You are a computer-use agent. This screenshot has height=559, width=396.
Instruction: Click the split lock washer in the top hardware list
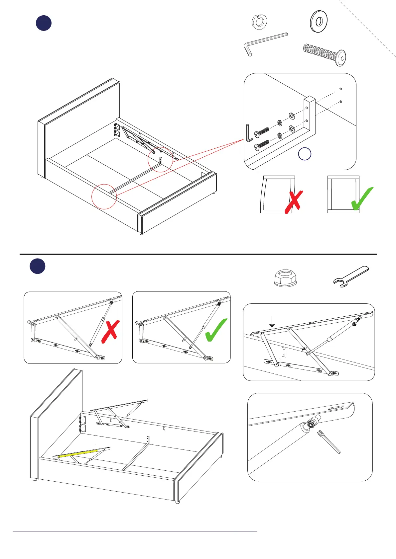point(260,22)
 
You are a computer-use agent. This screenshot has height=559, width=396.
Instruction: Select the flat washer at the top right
point(319,22)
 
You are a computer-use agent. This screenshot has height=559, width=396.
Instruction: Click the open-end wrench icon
point(351,276)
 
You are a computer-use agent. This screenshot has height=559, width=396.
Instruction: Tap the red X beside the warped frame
point(294,201)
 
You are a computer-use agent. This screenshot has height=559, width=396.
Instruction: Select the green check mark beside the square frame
point(362,199)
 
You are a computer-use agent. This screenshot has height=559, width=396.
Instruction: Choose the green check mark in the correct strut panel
point(216,330)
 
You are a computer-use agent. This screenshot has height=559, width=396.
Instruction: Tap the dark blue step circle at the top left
point(44,23)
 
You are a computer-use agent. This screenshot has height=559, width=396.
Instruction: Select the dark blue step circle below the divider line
point(38,266)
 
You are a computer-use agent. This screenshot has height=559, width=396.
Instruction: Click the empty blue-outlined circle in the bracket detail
point(305,154)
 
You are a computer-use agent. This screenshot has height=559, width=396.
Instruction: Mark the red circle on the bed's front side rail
point(104,197)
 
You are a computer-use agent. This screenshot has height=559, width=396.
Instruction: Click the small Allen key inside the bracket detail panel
point(249,133)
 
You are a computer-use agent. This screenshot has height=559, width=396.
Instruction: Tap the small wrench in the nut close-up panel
point(329,441)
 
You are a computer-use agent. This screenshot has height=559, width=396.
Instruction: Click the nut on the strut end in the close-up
point(312,424)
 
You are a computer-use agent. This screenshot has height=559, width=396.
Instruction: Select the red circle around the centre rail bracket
point(160,159)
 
